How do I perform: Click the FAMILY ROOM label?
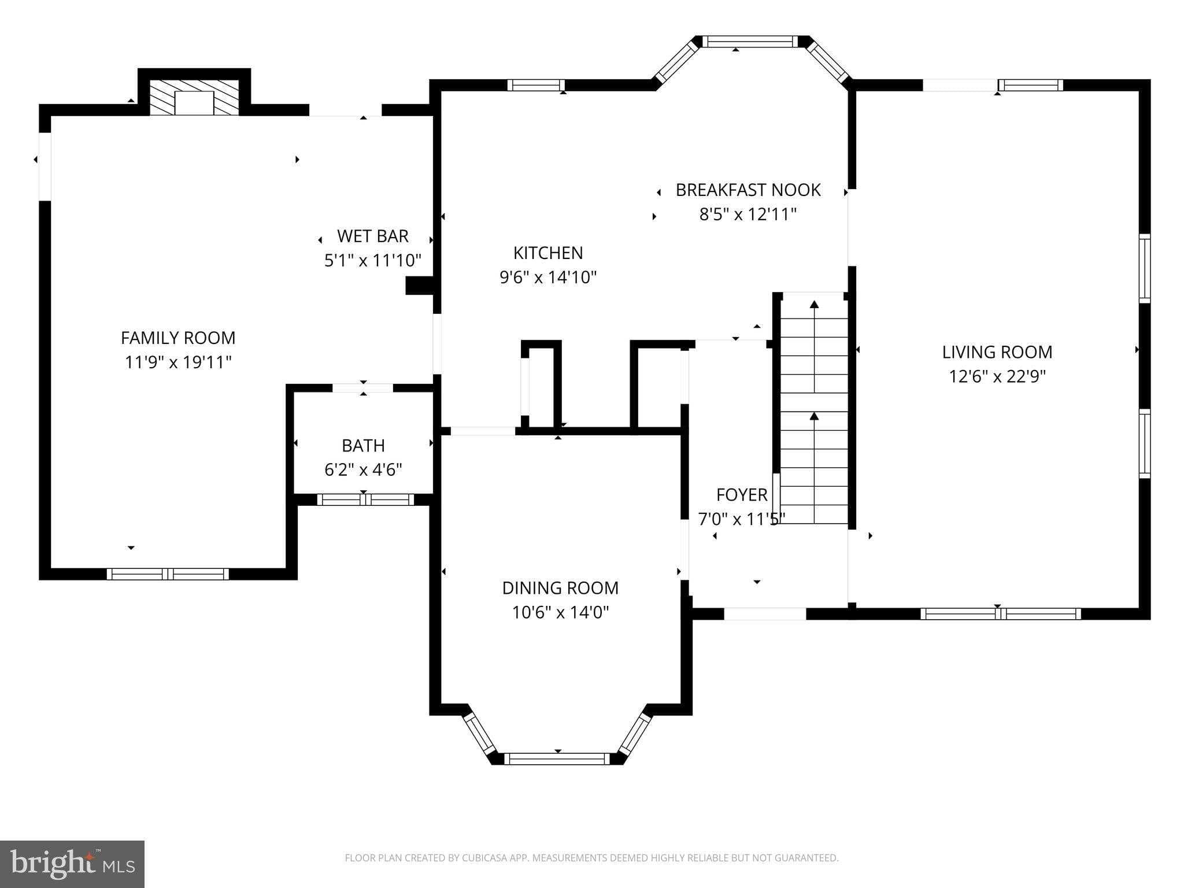coord(178,338)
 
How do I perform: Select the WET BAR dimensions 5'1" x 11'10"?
coord(373,261)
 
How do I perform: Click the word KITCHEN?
coord(548,253)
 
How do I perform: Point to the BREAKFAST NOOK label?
coord(748,190)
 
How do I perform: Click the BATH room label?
coord(363,446)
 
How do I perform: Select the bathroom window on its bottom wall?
coord(365,499)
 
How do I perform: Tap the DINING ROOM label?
coord(560,588)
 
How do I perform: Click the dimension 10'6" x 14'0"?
coord(560,612)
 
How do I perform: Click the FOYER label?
coord(742,495)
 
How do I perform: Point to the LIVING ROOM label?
coord(997,352)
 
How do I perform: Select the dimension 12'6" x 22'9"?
coord(997,377)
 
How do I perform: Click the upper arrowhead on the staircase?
coord(815,305)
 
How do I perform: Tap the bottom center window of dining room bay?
coord(557,759)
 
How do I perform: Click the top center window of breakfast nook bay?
coord(750,42)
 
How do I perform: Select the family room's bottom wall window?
coord(168,574)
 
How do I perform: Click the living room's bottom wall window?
coord(1000,614)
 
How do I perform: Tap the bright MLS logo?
coord(72,864)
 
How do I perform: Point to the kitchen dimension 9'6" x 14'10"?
coord(548,278)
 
